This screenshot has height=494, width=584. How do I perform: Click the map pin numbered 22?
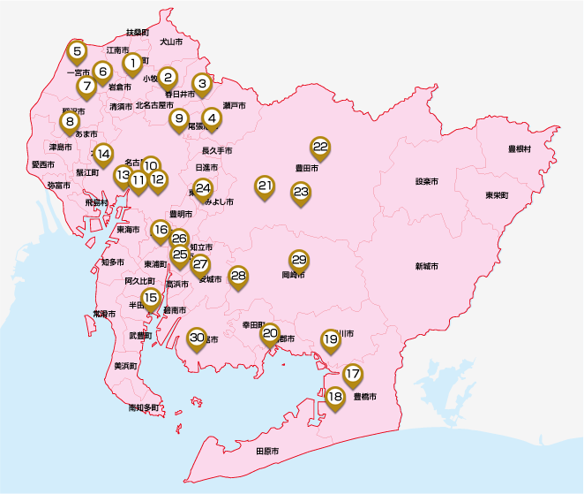[320, 147]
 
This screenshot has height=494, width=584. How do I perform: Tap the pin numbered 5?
[78, 51]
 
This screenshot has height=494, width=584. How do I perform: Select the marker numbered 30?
[197, 337]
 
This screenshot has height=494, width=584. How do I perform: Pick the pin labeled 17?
[353, 374]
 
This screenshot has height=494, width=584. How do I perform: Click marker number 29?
[299, 260]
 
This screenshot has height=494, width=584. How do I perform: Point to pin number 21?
[266, 186]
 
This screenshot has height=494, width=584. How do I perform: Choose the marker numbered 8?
[69, 121]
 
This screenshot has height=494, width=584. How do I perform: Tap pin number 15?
[151, 298]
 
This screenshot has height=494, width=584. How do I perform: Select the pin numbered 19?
[330, 338]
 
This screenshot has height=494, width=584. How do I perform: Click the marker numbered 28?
[237, 275]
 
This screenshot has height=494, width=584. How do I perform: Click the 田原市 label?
[266, 451]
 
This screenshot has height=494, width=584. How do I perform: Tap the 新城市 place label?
[427, 266]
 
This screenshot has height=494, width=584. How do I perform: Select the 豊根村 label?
[518, 149]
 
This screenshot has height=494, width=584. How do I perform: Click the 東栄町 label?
[495, 194]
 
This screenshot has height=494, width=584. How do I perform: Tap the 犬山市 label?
[171, 42]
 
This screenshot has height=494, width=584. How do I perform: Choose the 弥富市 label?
[59, 185]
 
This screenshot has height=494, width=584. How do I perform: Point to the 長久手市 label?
[217, 151]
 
